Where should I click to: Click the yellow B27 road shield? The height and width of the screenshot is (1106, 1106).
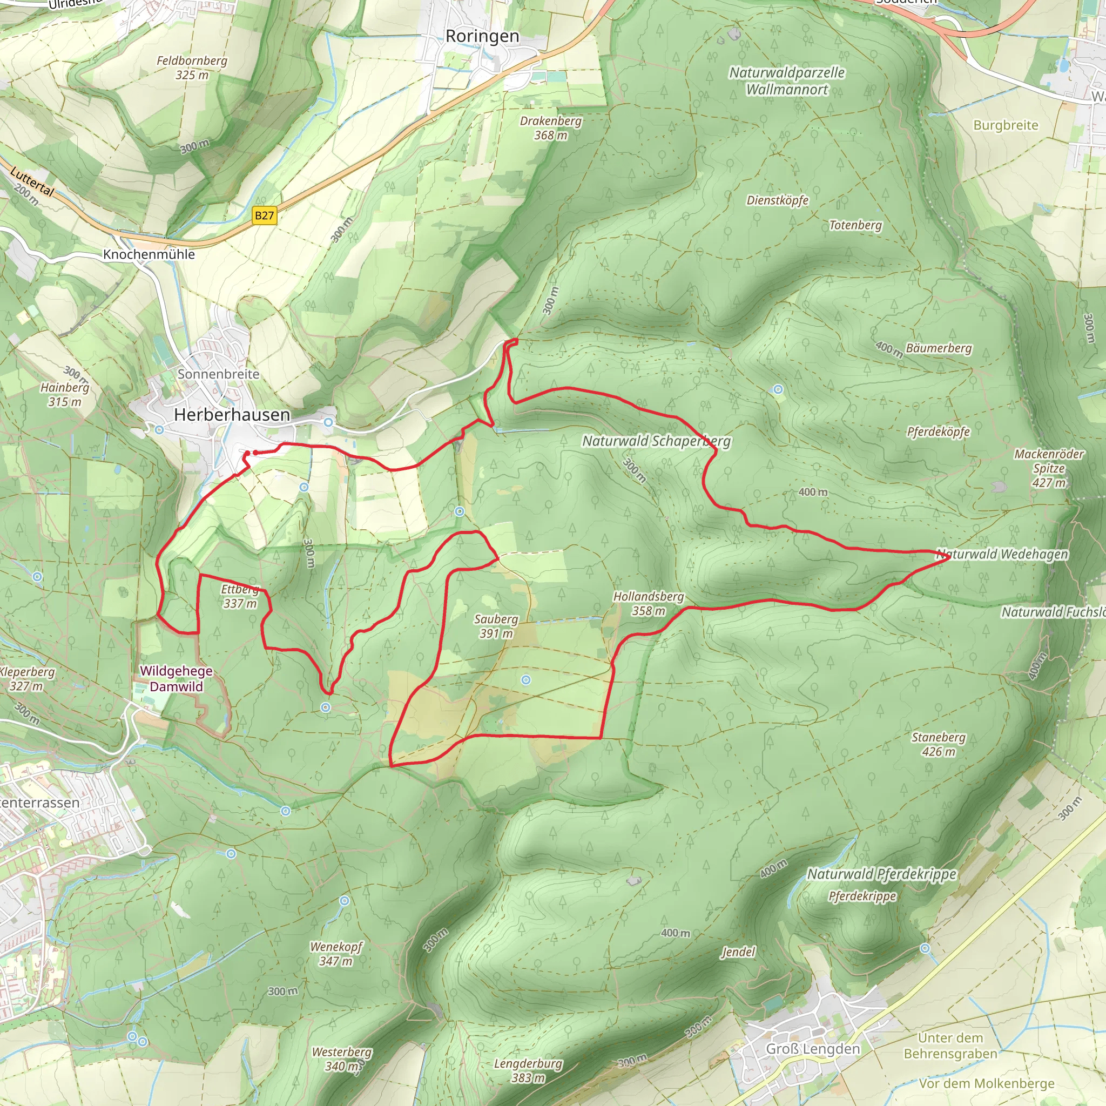[264, 215]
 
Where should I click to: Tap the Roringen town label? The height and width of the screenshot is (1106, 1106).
[482, 36]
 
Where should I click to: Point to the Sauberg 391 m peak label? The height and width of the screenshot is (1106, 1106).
[496, 626]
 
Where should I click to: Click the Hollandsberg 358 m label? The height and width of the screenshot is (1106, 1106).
[649, 603]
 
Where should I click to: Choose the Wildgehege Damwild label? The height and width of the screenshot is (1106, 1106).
[176, 678]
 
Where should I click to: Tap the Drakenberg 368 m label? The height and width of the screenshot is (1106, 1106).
[551, 127]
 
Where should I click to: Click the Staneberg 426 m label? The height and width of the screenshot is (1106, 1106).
[938, 744]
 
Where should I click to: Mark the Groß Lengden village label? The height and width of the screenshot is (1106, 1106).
[813, 1048]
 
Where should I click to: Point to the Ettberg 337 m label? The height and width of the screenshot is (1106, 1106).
[240, 596]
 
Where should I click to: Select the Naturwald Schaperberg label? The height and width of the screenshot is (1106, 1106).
[656, 441]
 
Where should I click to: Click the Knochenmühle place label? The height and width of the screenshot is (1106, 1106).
[149, 254]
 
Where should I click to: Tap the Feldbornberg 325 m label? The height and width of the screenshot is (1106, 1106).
[192, 68]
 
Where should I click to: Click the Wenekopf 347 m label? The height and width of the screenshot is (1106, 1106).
[336, 954]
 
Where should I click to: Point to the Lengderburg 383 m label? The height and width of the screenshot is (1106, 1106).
[528, 1070]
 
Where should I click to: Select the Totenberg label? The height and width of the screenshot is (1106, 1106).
[855, 225]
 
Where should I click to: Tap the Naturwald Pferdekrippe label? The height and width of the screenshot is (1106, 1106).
[881, 874]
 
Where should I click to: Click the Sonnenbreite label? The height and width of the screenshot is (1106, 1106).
[218, 374]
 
